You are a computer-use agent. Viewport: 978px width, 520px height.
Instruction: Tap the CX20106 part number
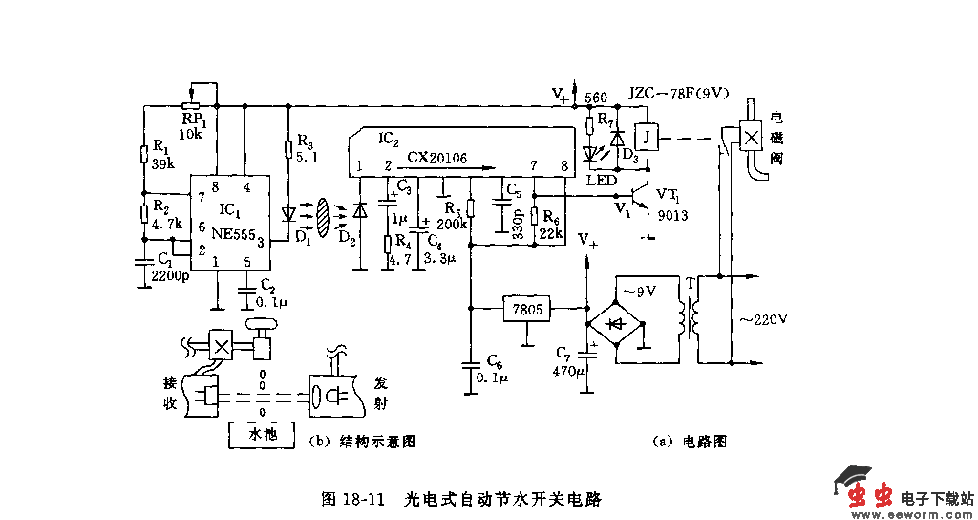click(436, 158)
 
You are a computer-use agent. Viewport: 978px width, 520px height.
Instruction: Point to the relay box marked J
click(648, 136)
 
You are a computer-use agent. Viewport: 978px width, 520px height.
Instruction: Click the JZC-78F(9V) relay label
click(678, 94)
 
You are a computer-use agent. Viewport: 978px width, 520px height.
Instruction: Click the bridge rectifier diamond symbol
click(615, 322)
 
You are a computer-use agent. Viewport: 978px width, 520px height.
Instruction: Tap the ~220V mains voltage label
click(760, 317)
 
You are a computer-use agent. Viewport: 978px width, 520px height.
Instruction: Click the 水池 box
click(262, 433)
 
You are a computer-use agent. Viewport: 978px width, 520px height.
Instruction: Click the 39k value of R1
click(162, 163)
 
